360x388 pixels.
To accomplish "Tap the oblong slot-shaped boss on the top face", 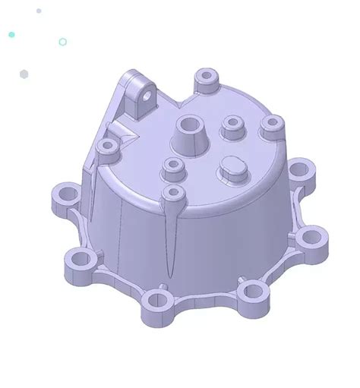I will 231,169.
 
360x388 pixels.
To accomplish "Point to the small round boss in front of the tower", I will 174,167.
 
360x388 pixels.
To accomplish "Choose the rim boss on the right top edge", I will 270,125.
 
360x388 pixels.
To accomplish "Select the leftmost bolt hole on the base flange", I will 60,196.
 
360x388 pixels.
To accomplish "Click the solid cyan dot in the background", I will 11,35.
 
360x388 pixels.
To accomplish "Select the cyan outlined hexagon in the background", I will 62,42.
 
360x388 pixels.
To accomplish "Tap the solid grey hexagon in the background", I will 24,74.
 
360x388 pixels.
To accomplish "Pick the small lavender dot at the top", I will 39,11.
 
